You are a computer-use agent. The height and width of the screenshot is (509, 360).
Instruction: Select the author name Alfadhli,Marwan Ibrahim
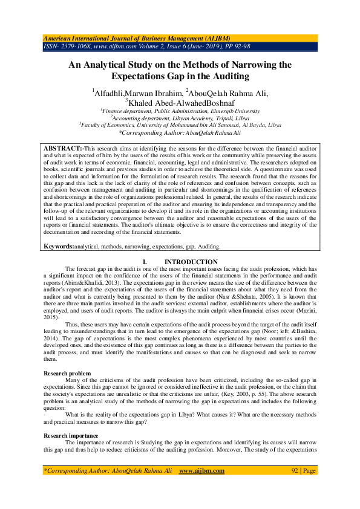click(137, 92)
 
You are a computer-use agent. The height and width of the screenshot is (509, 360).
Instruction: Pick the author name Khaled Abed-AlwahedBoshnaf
click(179, 102)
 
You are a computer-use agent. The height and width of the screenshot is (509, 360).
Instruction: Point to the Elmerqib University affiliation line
click(180, 112)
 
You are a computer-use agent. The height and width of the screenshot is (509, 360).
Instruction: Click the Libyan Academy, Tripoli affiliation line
click(180, 118)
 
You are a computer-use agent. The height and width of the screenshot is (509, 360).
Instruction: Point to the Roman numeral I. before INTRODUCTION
click(144, 261)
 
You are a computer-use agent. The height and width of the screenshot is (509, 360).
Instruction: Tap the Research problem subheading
click(67, 374)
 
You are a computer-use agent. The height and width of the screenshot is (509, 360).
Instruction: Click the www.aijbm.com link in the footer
click(202, 470)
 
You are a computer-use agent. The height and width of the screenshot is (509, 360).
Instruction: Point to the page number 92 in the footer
click(295, 470)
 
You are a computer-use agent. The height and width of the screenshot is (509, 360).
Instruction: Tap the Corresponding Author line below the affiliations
click(180, 132)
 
